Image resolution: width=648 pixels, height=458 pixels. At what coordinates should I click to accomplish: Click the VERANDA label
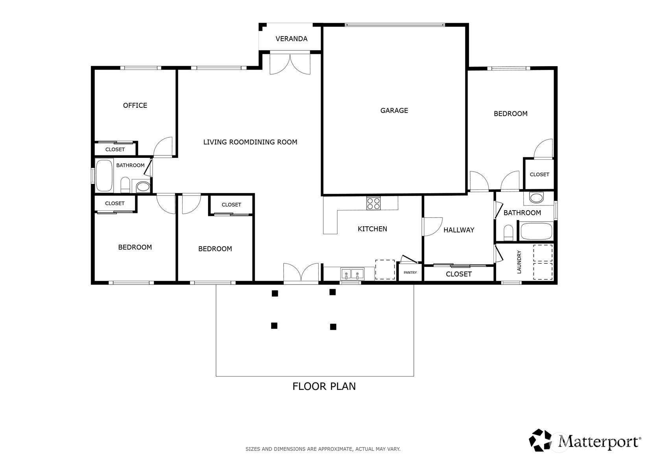tap(291, 39)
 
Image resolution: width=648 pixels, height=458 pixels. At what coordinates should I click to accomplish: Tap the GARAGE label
tap(394, 111)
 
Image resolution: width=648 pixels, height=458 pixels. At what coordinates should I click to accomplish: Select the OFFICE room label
tap(135, 105)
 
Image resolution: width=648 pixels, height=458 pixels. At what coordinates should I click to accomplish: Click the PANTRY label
tap(410, 273)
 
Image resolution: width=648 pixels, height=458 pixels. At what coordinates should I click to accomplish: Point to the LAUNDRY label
tap(519, 262)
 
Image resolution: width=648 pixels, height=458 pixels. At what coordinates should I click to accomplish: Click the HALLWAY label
tap(459, 230)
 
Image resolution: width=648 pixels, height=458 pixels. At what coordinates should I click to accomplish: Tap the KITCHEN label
tap(372, 229)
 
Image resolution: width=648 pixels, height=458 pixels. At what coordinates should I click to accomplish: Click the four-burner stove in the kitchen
tap(373, 203)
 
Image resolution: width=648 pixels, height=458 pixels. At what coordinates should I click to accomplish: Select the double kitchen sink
tap(353, 274)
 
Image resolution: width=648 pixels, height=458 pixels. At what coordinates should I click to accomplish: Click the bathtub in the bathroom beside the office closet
tap(104, 175)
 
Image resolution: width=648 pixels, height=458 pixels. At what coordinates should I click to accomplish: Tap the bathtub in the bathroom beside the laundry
tap(536, 231)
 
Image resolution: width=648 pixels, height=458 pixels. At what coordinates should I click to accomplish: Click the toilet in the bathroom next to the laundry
tap(508, 233)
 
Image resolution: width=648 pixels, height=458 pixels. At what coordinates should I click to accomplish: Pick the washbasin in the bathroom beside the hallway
tap(537, 198)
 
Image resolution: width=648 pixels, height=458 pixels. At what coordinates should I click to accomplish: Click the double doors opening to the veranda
tap(290, 64)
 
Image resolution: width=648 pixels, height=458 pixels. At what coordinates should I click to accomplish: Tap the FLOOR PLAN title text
tap(324, 386)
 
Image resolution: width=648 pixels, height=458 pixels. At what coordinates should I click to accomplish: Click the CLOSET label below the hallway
tap(459, 274)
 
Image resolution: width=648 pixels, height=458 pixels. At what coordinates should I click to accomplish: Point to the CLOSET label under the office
tap(115, 150)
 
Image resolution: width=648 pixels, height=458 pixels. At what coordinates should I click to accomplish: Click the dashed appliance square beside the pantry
tap(385, 270)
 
